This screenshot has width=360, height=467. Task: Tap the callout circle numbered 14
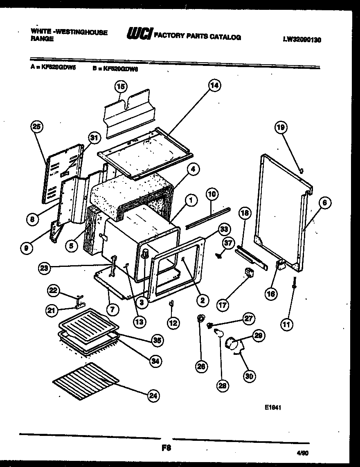click(x=214, y=86)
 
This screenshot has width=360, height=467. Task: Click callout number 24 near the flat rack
click(x=153, y=395)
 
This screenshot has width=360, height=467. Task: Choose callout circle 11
click(x=287, y=325)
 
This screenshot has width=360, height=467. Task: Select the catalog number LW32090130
click(x=302, y=40)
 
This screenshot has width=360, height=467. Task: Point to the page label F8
click(x=166, y=448)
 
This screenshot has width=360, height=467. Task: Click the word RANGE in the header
click(x=42, y=39)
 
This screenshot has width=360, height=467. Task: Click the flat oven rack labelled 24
click(x=86, y=379)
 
